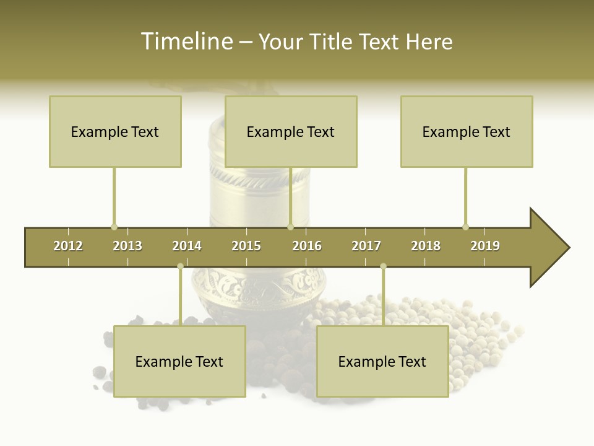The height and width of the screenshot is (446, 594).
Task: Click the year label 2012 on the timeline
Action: [x=68, y=246]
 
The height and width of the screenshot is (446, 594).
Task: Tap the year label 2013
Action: [x=127, y=246]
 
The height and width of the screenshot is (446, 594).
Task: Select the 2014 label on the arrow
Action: [x=187, y=246]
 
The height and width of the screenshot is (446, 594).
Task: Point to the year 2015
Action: [x=246, y=246]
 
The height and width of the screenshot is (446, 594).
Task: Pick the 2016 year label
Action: [x=307, y=246]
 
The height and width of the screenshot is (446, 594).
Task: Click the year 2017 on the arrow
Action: [x=366, y=246]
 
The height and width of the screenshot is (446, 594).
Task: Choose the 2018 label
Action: [x=426, y=246]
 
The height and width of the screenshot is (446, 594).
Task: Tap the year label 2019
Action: [x=485, y=246]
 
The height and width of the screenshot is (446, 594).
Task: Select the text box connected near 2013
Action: [x=115, y=131]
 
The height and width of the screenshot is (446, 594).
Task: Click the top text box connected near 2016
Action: [x=291, y=131]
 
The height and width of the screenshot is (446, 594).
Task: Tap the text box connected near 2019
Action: [x=467, y=131]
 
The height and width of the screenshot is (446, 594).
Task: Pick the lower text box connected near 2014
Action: [x=179, y=361]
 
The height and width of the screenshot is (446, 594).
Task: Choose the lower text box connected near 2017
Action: [x=382, y=361]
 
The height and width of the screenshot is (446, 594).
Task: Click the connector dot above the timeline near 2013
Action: [x=114, y=227]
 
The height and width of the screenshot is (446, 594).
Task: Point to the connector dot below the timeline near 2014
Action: [x=180, y=266]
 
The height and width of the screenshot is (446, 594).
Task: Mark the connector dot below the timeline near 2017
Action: [x=383, y=266]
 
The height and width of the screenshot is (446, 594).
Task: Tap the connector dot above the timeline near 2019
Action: [x=465, y=227]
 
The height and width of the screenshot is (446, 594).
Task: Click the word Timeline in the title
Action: [x=186, y=42]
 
